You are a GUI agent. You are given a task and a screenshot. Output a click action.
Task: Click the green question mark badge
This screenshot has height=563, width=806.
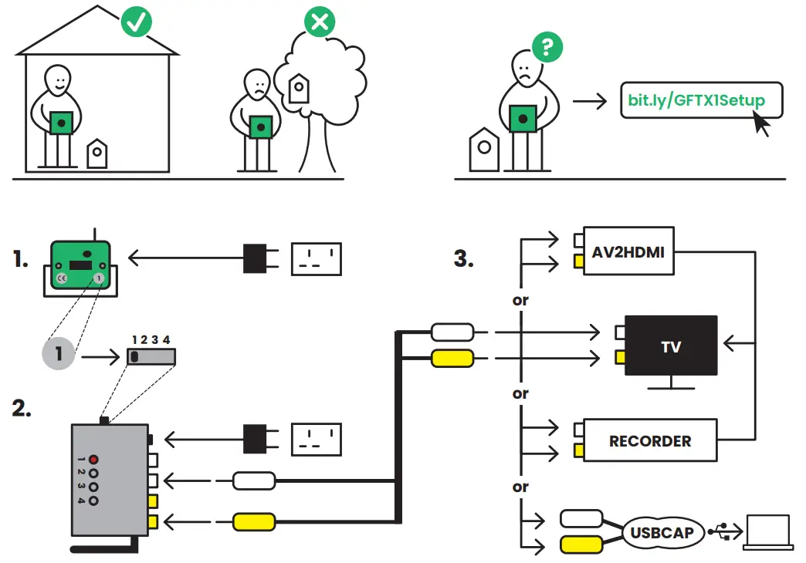[x=547, y=47]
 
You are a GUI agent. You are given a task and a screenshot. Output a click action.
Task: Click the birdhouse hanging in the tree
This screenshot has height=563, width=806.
[x=298, y=89]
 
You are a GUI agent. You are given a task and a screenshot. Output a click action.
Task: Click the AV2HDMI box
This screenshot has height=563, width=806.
[x=629, y=251]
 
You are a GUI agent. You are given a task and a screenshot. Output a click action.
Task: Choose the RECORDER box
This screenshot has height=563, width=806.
[x=649, y=440]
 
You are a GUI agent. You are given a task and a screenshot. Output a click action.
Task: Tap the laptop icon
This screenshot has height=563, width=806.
[x=767, y=533]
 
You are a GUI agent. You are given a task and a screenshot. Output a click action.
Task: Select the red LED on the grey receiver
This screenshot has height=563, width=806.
[x=93, y=458]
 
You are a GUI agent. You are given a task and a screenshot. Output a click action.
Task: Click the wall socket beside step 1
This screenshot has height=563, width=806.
[x=316, y=258]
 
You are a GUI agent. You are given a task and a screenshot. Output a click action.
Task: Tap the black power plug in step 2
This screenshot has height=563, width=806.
[x=256, y=440]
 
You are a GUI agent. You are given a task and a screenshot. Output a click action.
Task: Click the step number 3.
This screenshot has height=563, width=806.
[x=463, y=258]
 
